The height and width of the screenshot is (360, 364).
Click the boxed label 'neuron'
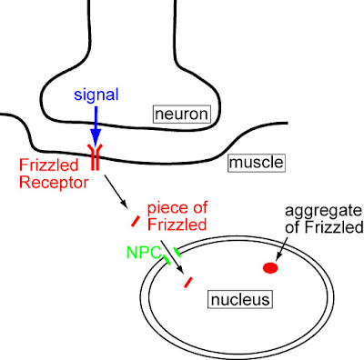pos(181,115)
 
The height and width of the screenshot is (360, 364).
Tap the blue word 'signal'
pos(95,95)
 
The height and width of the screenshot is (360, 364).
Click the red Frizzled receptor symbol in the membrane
pos(94,156)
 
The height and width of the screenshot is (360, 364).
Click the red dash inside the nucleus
pos(189,282)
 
